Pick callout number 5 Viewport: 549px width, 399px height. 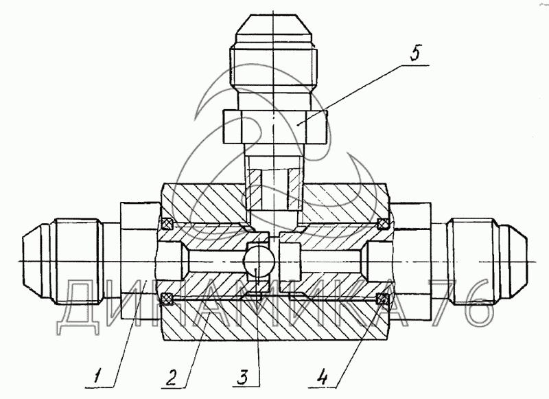(x=415, y=53)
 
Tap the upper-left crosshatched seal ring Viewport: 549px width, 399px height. (x=167, y=223)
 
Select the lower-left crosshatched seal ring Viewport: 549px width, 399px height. (x=167, y=298)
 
